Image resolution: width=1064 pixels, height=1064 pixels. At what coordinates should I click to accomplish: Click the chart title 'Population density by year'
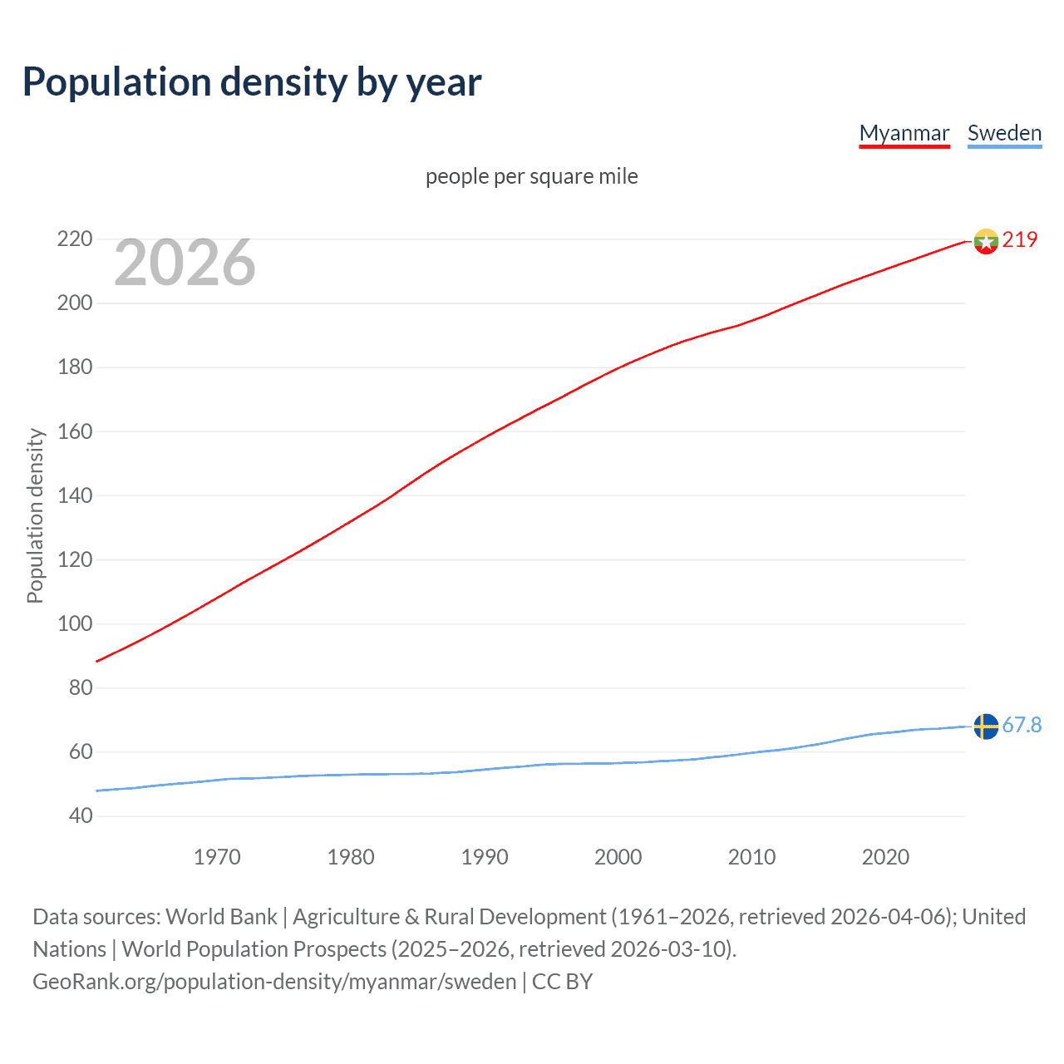point(252,82)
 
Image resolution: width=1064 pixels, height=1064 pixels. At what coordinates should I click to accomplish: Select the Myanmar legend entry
point(904,133)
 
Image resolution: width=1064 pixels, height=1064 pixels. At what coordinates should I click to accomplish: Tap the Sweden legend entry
point(1004,133)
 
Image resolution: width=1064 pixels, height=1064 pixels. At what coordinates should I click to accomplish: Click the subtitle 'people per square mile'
point(531,176)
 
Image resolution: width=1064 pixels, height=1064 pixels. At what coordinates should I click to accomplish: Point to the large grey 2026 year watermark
point(185,263)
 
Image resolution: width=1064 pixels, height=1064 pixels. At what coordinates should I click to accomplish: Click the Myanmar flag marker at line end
point(986,241)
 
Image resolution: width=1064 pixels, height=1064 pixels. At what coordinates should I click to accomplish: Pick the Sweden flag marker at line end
point(986,726)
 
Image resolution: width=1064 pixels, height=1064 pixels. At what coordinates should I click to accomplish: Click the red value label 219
point(1019,239)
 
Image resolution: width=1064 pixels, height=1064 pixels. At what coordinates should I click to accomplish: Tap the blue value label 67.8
point(1022,726)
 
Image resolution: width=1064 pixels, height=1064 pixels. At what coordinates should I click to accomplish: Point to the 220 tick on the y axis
point(75,239)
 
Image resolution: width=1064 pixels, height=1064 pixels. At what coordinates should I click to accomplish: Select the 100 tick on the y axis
point(75,623)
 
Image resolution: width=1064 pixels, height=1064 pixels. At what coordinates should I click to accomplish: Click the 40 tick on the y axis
point(81,815)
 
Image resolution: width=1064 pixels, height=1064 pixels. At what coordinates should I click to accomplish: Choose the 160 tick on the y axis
point(75,431)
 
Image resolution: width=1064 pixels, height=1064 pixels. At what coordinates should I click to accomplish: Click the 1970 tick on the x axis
point(217,857)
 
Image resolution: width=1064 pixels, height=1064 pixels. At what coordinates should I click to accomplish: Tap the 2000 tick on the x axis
point(618,857)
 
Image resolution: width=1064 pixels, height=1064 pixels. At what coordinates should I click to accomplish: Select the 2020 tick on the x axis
point(885,857)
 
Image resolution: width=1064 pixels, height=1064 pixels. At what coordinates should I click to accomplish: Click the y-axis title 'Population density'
point(35,515)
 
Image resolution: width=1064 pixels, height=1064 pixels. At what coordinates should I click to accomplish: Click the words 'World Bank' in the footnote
point(221,917)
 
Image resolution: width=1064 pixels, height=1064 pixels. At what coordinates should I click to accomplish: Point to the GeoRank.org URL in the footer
point(274,982)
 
